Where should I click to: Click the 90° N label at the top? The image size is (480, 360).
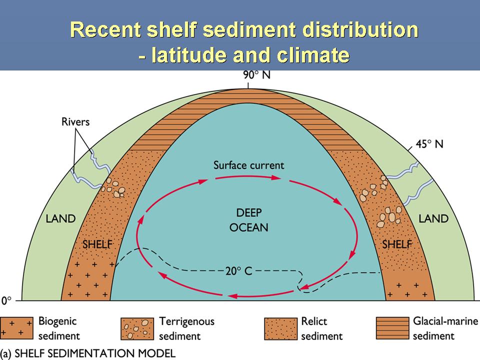tap(256, 75)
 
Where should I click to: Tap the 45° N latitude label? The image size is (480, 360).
tap(429, 144)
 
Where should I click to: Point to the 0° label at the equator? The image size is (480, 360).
tap(6, 300)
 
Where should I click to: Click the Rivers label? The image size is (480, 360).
tap(75, 122)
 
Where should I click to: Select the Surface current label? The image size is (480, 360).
tap(248, 165)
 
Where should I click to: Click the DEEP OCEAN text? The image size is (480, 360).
tap(249, 220)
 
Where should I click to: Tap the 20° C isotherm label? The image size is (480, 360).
tap(239, 271)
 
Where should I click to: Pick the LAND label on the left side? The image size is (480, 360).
tap(60, 218)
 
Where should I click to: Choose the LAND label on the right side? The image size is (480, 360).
tap(433, 218)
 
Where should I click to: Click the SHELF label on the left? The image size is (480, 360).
tap(97, 244)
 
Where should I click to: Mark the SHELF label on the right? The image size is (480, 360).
tap(396, 244)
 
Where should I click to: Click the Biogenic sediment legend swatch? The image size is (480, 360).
tap(16, 328)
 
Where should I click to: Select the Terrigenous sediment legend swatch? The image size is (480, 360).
tap(137, 329)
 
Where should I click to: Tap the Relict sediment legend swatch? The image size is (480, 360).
tap(280, 329)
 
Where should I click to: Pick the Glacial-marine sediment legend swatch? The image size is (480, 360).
tap(392, 328)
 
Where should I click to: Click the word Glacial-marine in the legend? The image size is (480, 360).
tap(445, 321)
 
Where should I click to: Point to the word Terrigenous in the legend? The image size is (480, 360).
tap(186, 321)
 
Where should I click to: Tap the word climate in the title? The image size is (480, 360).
tap(313, 55)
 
